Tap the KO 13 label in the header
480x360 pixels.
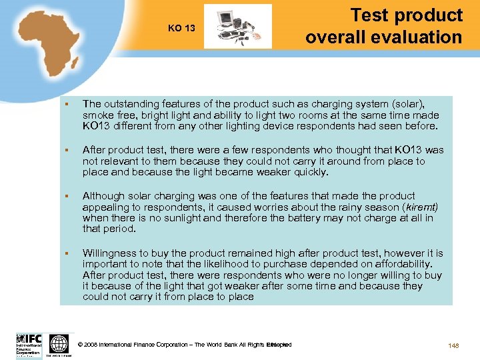click(181, 29)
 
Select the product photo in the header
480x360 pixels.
click(238, 27)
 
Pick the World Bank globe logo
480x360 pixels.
click(59, 344)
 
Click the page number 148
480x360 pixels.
click(455, 345)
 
